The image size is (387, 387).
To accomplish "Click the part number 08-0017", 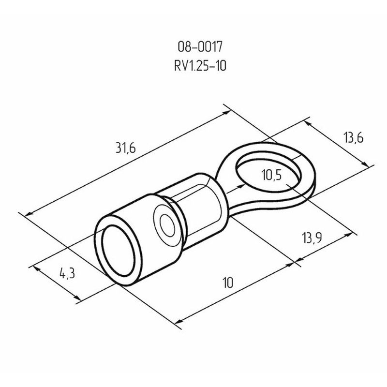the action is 200,46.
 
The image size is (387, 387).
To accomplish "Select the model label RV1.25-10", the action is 200,66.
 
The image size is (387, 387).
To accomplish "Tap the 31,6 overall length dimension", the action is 126,148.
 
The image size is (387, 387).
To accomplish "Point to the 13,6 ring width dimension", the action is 354,138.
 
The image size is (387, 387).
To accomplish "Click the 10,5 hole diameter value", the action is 271,175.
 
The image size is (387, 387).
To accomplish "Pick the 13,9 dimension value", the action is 312,238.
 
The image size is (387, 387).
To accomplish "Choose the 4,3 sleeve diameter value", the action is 67,273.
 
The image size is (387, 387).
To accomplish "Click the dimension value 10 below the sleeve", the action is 228,283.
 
